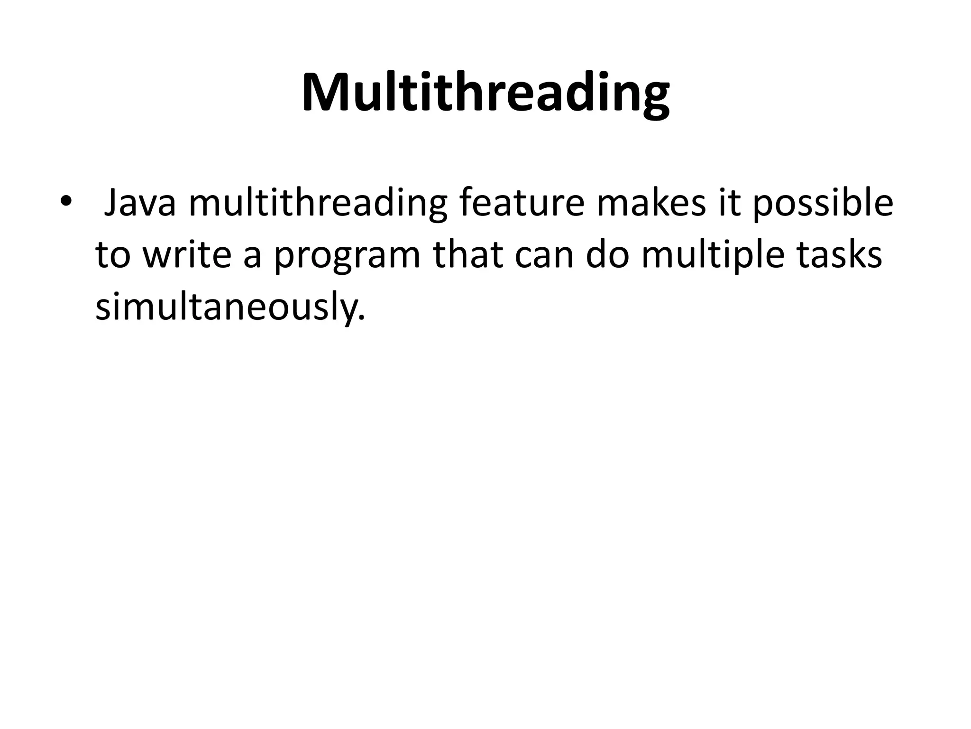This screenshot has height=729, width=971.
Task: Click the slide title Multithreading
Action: pos(485,93)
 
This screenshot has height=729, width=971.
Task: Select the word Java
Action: pos(140,203)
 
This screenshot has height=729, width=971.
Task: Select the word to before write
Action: pos(113,255)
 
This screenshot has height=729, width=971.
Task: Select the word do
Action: pos(609,254)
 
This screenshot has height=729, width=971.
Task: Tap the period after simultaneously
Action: pos(362,317)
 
